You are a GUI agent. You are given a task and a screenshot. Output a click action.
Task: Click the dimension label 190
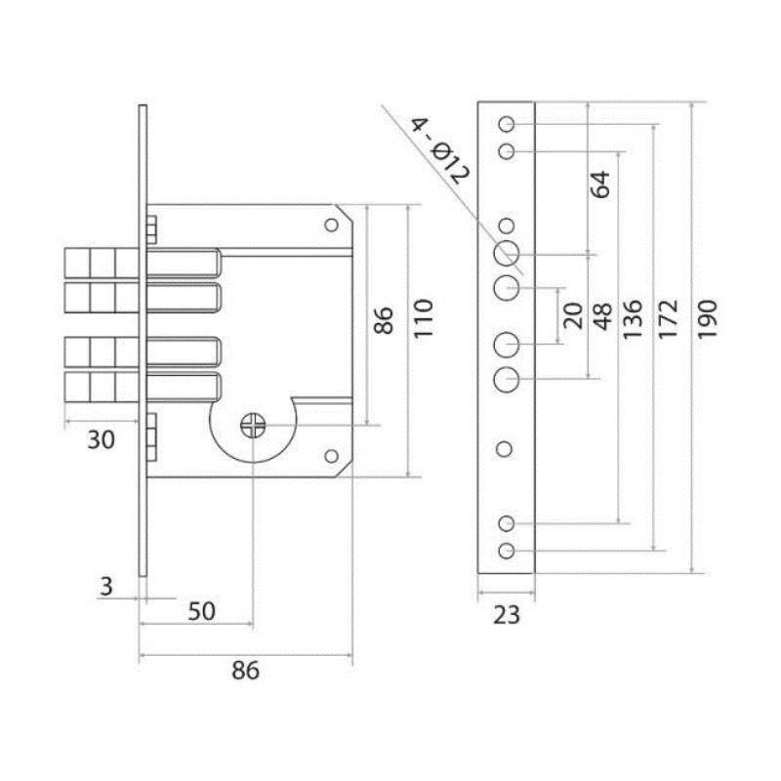[707, 319]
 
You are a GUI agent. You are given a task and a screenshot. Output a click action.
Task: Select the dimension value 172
[669, 319]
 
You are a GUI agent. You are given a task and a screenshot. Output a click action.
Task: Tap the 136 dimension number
[633, 319]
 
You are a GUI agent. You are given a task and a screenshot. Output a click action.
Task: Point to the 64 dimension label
[599, 185]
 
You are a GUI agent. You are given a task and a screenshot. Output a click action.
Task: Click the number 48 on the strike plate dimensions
[602, 316]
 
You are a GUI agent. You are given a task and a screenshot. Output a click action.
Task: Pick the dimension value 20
[573, 315]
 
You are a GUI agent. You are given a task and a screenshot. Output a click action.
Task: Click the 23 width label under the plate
[507, 615]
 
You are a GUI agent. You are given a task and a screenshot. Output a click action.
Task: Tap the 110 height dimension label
[424, 319]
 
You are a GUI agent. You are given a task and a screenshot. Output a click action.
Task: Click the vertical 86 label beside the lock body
[384, 320]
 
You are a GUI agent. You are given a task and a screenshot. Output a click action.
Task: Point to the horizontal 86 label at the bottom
[246, 671]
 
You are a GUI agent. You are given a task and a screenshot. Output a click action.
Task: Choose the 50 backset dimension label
[202, 611]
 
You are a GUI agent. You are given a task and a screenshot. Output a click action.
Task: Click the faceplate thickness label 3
[106, 587]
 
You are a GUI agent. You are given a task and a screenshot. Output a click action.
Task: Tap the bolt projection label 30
[102, 440]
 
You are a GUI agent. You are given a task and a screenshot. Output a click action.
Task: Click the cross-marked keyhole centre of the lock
[253, 426]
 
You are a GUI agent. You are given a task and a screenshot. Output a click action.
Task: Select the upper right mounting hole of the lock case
[331, 226]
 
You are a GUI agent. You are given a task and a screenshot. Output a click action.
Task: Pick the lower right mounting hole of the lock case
[331, 456]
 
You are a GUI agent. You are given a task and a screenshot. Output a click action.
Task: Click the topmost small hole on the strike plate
[507, 124]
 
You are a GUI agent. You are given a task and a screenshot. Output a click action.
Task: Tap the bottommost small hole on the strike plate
[507, 551]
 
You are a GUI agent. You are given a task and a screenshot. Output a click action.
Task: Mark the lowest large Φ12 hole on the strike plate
[507, 380]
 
